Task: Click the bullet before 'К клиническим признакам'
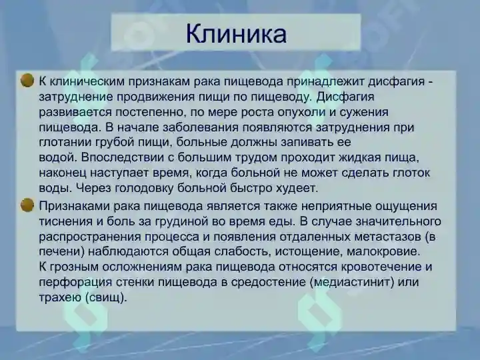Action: click(27, 81)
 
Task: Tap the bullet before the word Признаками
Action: click(27, 205)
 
